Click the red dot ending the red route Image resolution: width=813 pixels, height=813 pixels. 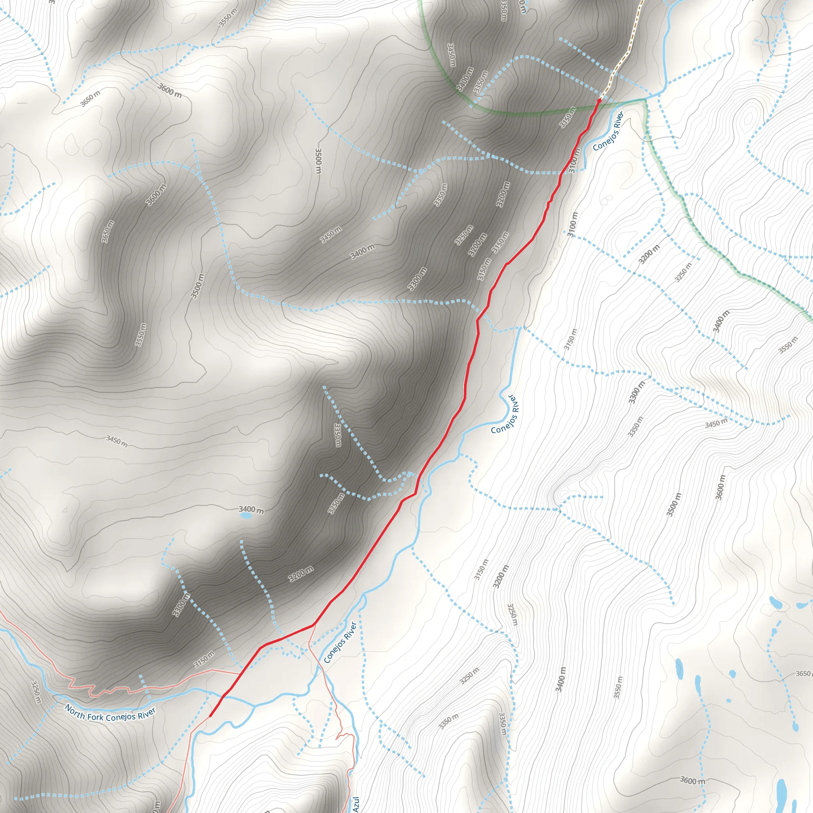599,100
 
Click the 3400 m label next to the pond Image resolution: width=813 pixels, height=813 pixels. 251,510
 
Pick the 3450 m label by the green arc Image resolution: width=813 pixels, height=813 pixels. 451,55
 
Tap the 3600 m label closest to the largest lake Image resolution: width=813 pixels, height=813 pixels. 693,780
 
